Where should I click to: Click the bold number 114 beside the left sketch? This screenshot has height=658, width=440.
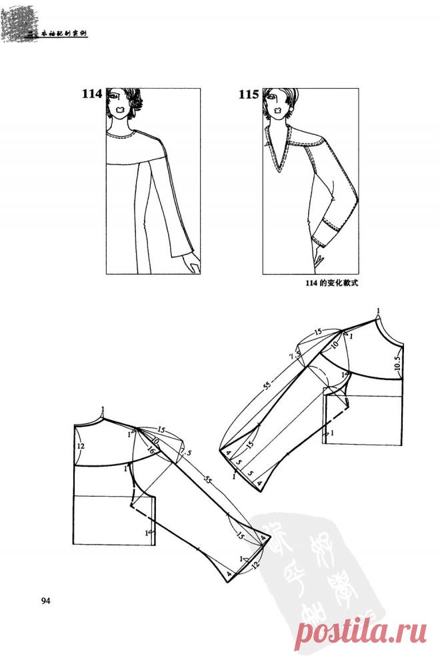(x=92, y=94)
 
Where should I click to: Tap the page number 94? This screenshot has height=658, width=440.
(x=46, y=601)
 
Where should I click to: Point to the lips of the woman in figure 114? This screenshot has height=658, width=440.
(x=120, y=108)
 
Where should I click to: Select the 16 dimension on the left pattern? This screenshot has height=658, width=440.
(x=150, y=451)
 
